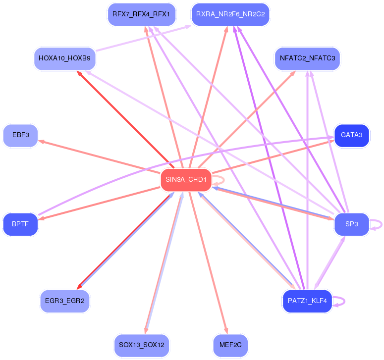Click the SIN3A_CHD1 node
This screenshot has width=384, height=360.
coord(186,180)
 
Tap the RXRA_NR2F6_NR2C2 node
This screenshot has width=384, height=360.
coord(230,14)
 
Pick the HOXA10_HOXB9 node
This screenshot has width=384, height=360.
coord(64,58)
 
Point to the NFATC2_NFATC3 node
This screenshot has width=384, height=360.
coord(307,58)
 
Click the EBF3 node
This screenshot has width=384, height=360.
coord(20,135)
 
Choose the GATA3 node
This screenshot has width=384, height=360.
coord(352,135)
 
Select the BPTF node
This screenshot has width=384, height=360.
coord(20,224)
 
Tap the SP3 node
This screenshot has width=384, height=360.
coord(352,224)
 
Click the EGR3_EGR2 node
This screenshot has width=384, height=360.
coord(64,301)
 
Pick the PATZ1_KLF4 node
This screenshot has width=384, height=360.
coord(307,301)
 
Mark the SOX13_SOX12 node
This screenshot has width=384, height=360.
coord(141,345)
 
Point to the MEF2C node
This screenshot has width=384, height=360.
coord(230,345)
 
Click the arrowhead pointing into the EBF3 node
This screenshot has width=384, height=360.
coord(41,141)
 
